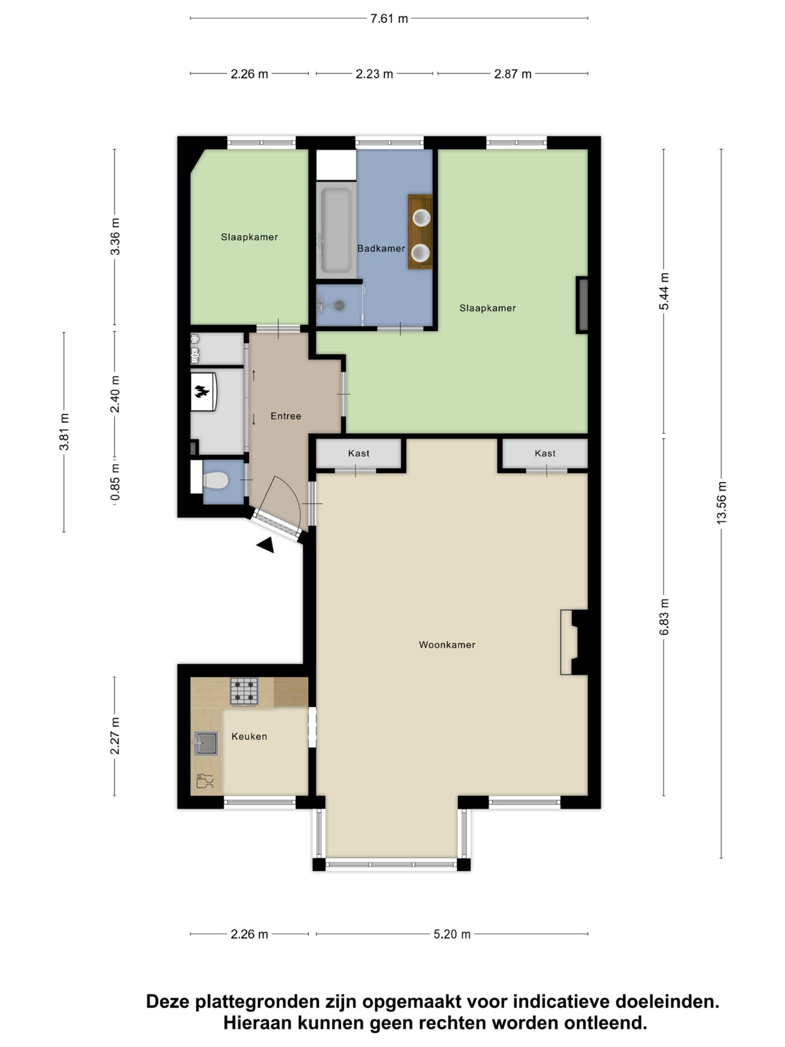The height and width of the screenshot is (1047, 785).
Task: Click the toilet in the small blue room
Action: [x=215, y=481]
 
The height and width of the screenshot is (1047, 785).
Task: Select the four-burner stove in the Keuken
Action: [x=244, y=692]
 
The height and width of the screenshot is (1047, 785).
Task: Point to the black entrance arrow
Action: [x=266, y=545]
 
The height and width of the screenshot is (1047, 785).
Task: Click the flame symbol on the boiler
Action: [x=202, y=391]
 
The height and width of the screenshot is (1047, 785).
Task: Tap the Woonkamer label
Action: [x=447, y=645]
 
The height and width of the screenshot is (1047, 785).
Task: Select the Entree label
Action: [x=286, y=416]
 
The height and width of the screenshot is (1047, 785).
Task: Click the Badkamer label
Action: [x=381, y=249]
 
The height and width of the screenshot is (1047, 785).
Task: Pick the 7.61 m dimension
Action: [x=389, y=18]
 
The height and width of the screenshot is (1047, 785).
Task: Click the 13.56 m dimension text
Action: [x=721, y=503]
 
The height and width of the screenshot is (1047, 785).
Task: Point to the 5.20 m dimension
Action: [x=452, y=934]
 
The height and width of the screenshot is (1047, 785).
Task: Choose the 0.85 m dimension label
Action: [x=115, y=482]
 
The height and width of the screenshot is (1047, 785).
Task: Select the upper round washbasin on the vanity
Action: [x=421, y=218]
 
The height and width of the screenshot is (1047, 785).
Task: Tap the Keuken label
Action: [x=249, y=737]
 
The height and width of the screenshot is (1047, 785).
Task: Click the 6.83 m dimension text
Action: [x=664, y=617]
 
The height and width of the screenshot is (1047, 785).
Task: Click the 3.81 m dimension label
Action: [x=64, y=431]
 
